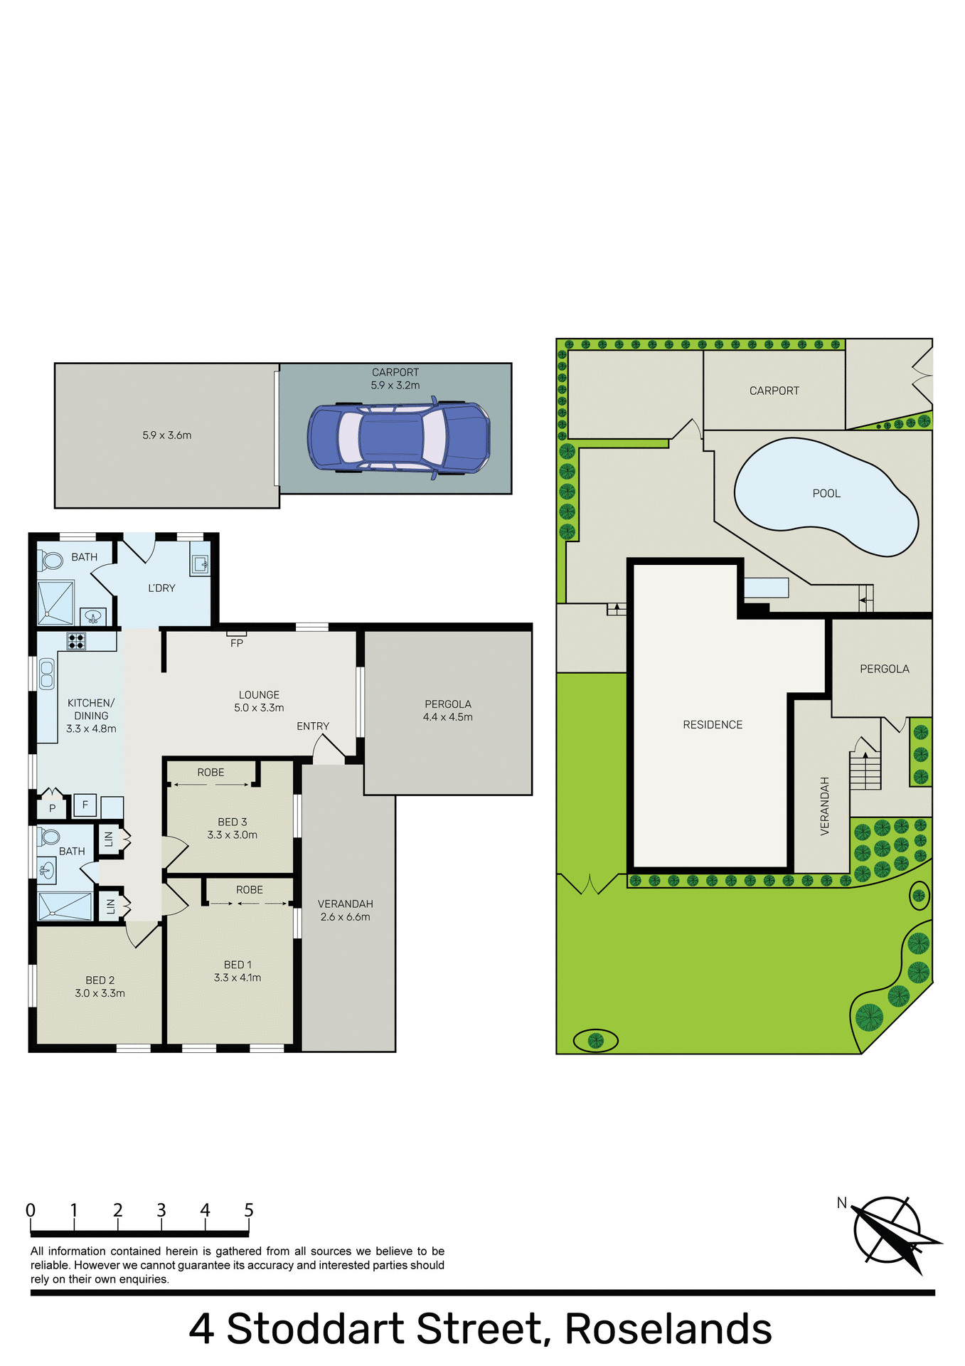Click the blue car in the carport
pos(398,437)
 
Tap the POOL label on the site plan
pos(826,493)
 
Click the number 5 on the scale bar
pos(249,1210)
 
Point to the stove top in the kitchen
pos(76,641)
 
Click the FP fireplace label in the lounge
pos(237,643)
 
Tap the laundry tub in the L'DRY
pos(199,564)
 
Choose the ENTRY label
pos(313,726)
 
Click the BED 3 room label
pos(233,822)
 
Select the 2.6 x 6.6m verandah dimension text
pos(346,917)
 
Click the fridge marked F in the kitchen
pos(85,805)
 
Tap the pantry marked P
pos(52,808)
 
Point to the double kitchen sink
pos(47,674)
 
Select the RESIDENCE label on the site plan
pos(713,724)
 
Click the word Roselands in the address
pos(668,1328)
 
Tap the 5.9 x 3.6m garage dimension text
pos(167,435)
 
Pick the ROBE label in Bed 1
pos(250,890)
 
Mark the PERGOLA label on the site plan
pos(885,669)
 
